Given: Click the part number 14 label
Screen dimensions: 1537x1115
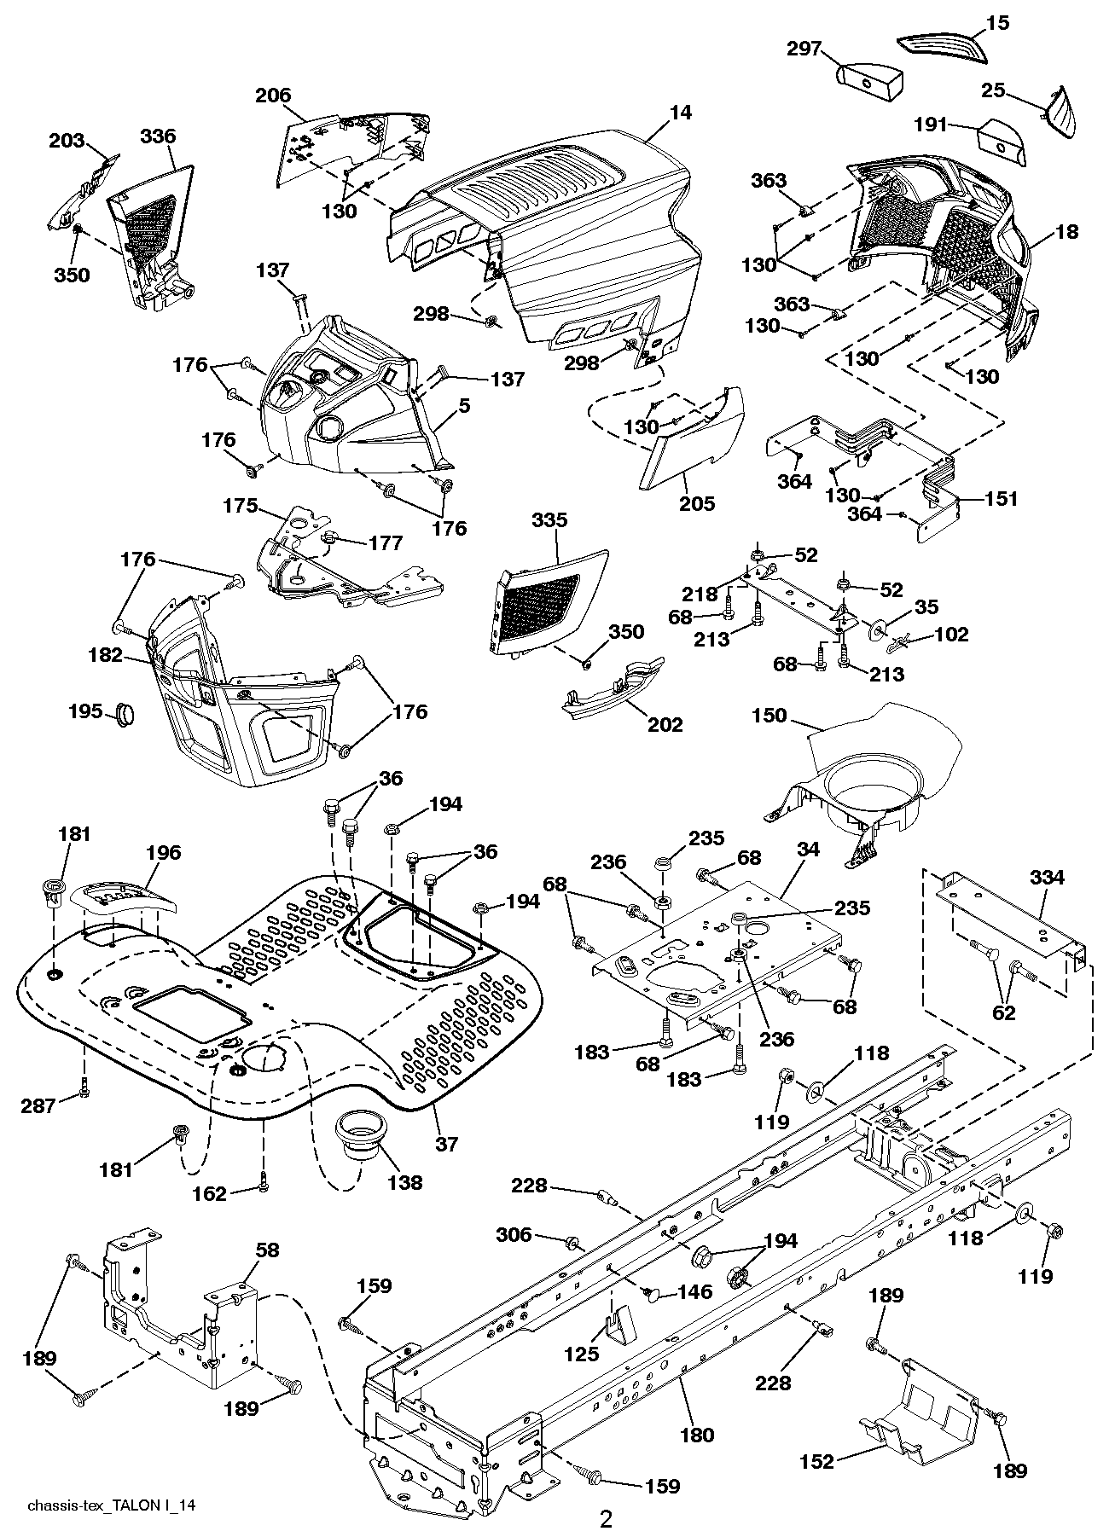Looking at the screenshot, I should pyautogui.click(x=681, y=112).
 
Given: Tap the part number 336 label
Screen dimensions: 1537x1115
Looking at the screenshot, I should pyautogui.click(x=158, y=136).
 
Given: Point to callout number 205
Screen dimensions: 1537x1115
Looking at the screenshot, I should pyautogui.click(x=697, y=503).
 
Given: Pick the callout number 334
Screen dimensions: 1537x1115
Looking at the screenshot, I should pyautogui.click(x=1046, y=876).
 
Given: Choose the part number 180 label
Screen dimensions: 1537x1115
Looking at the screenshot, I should pyautogui.click(x=697, y=1435).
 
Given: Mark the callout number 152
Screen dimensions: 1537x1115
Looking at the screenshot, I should pyautogui.click(x=816, y=1461).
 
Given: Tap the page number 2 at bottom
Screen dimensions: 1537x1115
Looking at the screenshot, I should pyautogui.click(x=606, y=1518).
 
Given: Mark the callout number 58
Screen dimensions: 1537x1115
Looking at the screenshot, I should pyautogui.click(x=268, y=1251).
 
